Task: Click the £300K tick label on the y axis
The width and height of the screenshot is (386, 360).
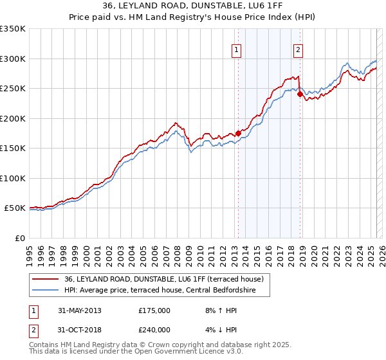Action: coord(13,59)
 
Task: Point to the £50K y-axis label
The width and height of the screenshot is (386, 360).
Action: coord(15,208)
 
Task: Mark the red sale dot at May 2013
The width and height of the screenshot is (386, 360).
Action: coord(238,134)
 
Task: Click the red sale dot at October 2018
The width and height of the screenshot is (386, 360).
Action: coord(300,94)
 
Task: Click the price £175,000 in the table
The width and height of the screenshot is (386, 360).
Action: coord(154,310)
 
